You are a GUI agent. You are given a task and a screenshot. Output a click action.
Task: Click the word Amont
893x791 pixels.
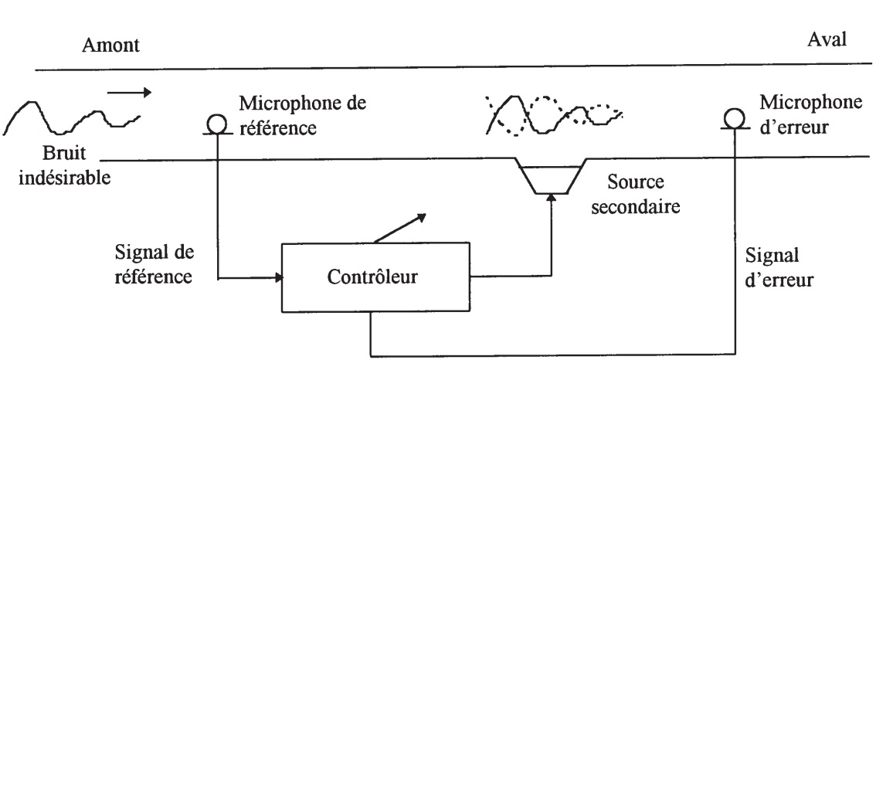tap(111, 46)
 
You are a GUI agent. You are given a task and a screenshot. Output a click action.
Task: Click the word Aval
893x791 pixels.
tap(827, 40)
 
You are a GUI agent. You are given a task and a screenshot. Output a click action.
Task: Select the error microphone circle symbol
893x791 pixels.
tap(735, 118)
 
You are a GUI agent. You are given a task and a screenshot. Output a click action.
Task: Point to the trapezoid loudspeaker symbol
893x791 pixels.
tap(552, 176)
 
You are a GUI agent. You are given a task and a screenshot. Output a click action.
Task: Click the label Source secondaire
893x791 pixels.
tap(636, 195)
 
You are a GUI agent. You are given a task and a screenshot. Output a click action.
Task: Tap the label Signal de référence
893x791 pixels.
tap(154, 264)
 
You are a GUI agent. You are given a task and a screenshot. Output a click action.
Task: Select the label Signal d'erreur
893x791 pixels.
tap(779, 267)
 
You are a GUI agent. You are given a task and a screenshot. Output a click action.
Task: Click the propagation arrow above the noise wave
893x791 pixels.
tap(129, 93)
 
